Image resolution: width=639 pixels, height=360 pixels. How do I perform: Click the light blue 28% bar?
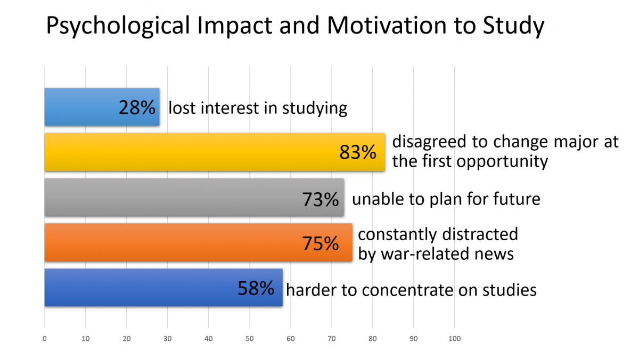pos(80,107)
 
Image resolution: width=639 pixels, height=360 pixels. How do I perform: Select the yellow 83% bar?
pos(186,152)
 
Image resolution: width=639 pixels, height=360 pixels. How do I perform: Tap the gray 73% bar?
pos(170,198)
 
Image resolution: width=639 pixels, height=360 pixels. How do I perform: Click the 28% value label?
pos(137,108)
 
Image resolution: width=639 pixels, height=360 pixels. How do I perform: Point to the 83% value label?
pos(358,153)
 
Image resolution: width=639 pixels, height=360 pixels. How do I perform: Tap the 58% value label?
pos(256,289)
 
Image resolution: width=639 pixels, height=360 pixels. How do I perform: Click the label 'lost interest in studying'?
pos(258,108)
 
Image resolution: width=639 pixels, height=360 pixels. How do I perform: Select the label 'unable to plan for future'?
pos(446,199)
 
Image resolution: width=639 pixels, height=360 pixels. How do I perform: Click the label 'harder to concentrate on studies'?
pos(411,290)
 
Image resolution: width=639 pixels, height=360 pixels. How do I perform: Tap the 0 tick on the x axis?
pos(45,339)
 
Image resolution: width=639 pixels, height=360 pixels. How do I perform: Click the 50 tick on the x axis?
pos(249,339)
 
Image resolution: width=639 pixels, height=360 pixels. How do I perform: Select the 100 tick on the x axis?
pos(454,339)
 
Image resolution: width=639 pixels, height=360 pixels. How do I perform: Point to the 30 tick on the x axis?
pos(167,339)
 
